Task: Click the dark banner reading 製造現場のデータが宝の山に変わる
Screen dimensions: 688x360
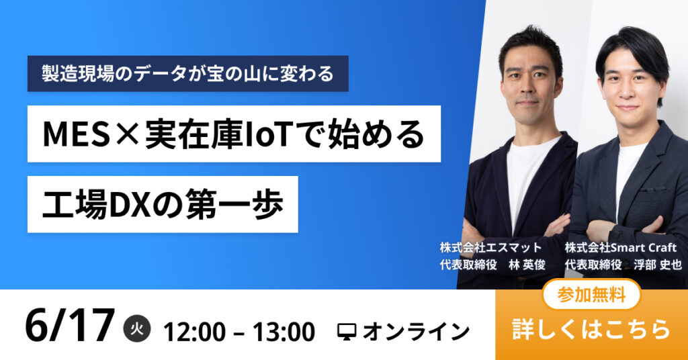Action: tap(188, 74)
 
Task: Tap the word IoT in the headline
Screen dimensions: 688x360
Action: tap(267, 134)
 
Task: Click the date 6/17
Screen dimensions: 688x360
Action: tap(70, 326)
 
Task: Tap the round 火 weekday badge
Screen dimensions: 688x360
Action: tap(137, 328)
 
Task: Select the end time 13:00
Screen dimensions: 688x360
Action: tap(284, 332)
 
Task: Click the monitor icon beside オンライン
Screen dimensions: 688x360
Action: tap(347, 332)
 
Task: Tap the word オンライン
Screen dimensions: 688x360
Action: tap(416, 332)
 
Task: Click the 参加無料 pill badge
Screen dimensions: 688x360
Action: tap(591, 295)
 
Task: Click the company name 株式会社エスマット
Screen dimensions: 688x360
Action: tap(490, 248)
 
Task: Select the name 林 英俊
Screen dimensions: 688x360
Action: tap(527, 265)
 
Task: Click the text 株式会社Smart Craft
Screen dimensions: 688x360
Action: tap(620, 248)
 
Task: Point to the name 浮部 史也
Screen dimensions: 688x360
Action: tap(657, 265)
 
